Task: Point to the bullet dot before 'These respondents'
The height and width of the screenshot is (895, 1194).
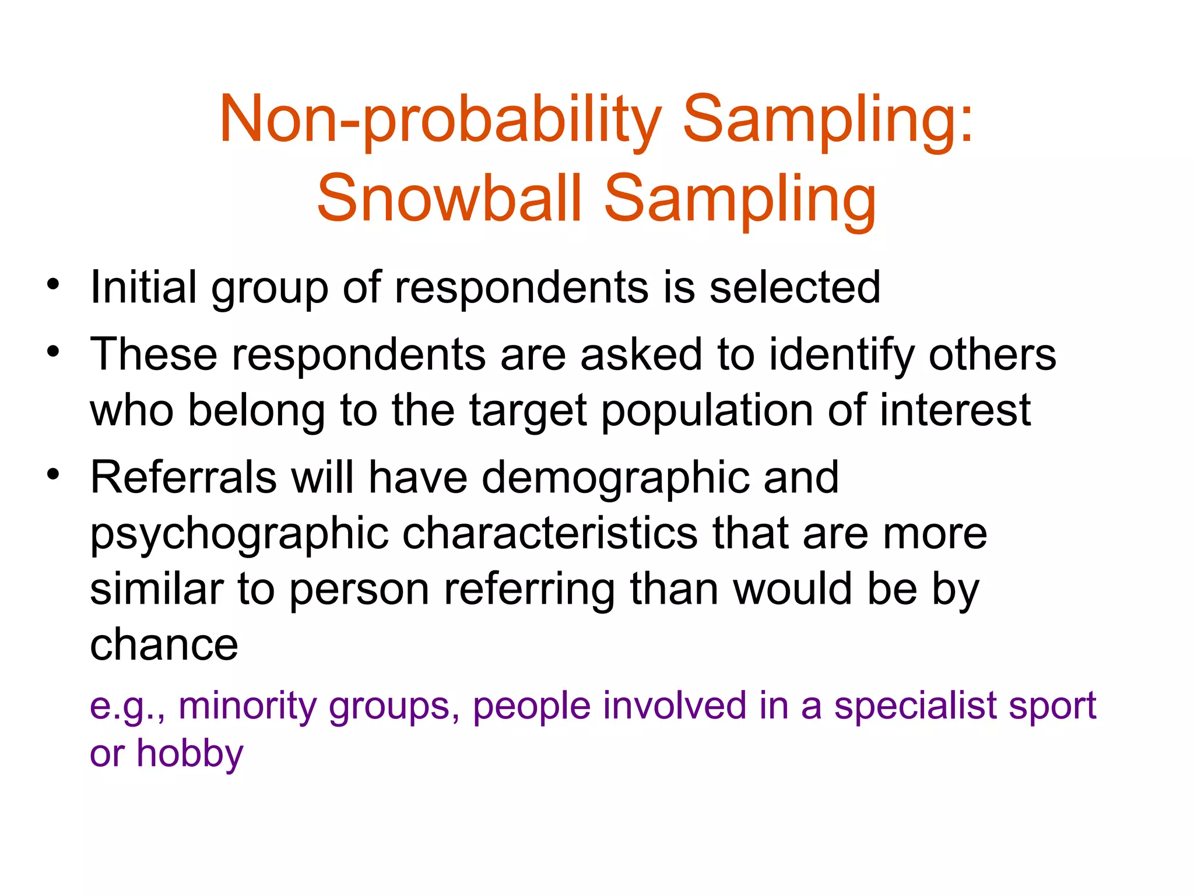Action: click(x=54, y=351)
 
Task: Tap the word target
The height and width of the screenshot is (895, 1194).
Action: click(x=528, y=410)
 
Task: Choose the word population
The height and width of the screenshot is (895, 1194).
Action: click(x=707, y=410)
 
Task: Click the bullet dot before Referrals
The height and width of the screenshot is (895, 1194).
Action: click(x=54, y=474)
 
